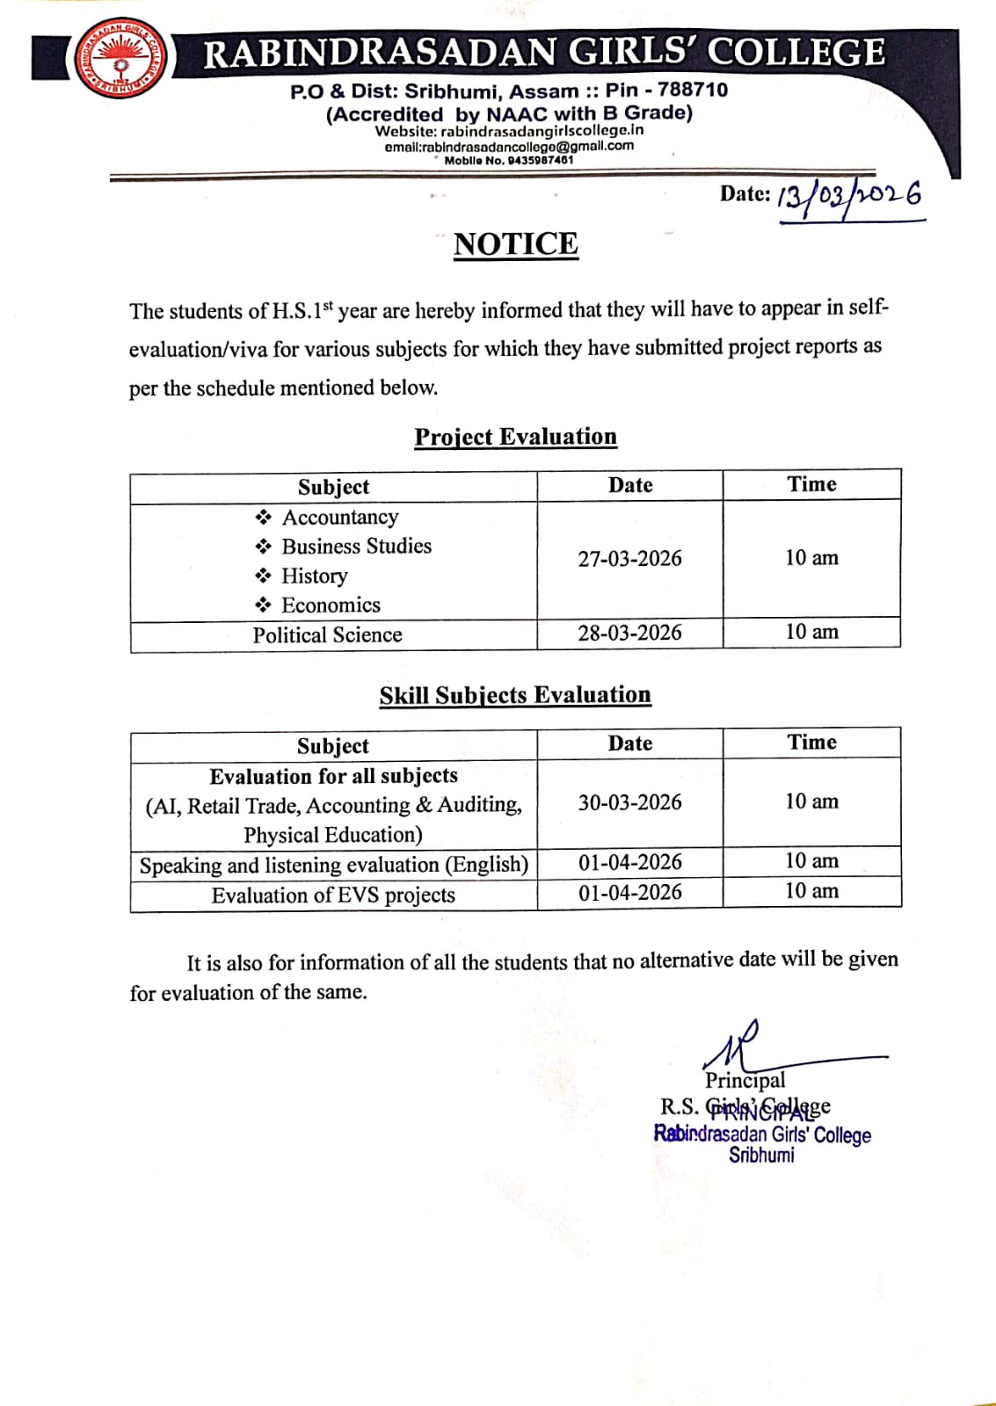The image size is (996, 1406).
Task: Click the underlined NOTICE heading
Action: (516, 243)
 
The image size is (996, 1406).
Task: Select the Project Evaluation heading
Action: (516, 437)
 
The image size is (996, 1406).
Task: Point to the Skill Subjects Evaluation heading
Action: (515, 695)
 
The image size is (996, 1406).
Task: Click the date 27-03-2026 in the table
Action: (629, 559)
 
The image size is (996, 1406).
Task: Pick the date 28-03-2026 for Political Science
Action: (629, 633)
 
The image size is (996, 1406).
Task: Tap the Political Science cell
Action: (327, 634)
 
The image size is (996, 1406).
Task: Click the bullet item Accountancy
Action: (339, 517)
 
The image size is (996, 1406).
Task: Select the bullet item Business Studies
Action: (356, 546)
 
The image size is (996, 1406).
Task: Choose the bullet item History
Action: (314, 576)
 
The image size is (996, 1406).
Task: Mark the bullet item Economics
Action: (331, 605)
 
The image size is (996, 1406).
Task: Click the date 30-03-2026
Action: (629, 802)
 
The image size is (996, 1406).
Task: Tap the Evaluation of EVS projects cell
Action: (333, 895)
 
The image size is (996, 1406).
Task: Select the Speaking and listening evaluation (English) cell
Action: (333, 865)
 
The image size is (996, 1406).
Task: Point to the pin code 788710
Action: (693, 90)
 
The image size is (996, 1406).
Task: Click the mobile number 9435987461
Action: (540, 160)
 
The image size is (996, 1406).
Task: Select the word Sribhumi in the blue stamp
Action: (761, 1155)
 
